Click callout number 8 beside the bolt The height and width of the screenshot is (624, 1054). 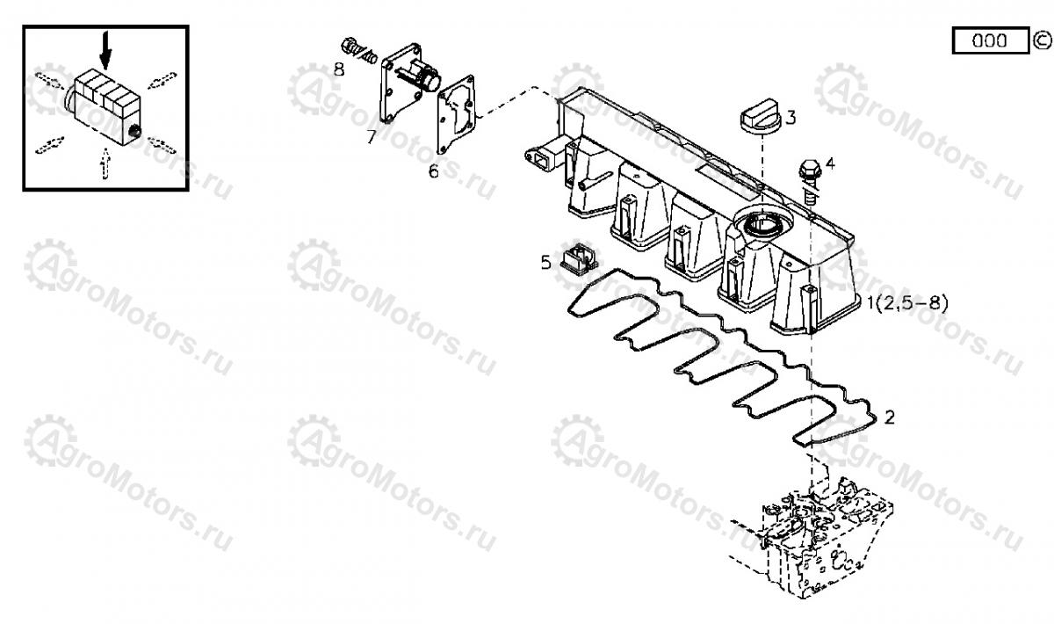339,69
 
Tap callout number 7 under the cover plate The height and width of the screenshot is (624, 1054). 372,137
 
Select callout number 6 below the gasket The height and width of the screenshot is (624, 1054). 433,171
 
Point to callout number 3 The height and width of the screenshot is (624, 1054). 791,118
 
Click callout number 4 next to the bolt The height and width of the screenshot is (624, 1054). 831,163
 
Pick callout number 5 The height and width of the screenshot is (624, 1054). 545,262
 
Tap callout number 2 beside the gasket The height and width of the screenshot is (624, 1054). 889,417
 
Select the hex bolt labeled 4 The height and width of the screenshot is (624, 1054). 809,181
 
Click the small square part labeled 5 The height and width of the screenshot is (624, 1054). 578,258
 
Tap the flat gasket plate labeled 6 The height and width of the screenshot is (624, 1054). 456,114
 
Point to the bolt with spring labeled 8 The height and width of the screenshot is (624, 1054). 358,51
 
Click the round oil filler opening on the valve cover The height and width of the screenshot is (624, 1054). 762,221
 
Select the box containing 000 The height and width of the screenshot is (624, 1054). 991,40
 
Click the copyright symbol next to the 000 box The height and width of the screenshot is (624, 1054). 1042,40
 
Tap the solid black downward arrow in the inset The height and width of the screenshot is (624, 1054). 106,50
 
